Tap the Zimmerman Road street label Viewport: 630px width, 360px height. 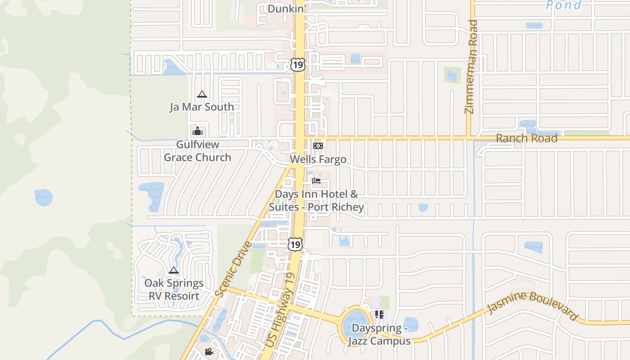[471, 67]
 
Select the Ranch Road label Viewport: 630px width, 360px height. [526, 138]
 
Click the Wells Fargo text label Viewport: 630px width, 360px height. [318, 159]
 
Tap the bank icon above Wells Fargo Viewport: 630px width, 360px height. [318, 146]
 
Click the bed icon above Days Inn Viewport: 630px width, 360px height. [316, 181]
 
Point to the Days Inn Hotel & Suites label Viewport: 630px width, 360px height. [316, 201]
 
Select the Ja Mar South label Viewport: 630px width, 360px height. [202, 107]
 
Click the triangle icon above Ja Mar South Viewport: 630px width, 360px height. [202, 94]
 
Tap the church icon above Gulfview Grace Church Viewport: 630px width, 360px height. [198, 131]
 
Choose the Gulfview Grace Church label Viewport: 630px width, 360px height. [198, 151]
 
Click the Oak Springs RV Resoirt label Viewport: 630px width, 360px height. [174, 289]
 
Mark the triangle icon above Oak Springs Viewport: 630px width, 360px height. [174, 270]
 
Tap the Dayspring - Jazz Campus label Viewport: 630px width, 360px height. [379, 334]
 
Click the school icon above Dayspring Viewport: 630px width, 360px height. [379, 315]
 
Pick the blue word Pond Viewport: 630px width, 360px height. [563, 5]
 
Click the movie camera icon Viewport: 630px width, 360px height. [209, 351]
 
